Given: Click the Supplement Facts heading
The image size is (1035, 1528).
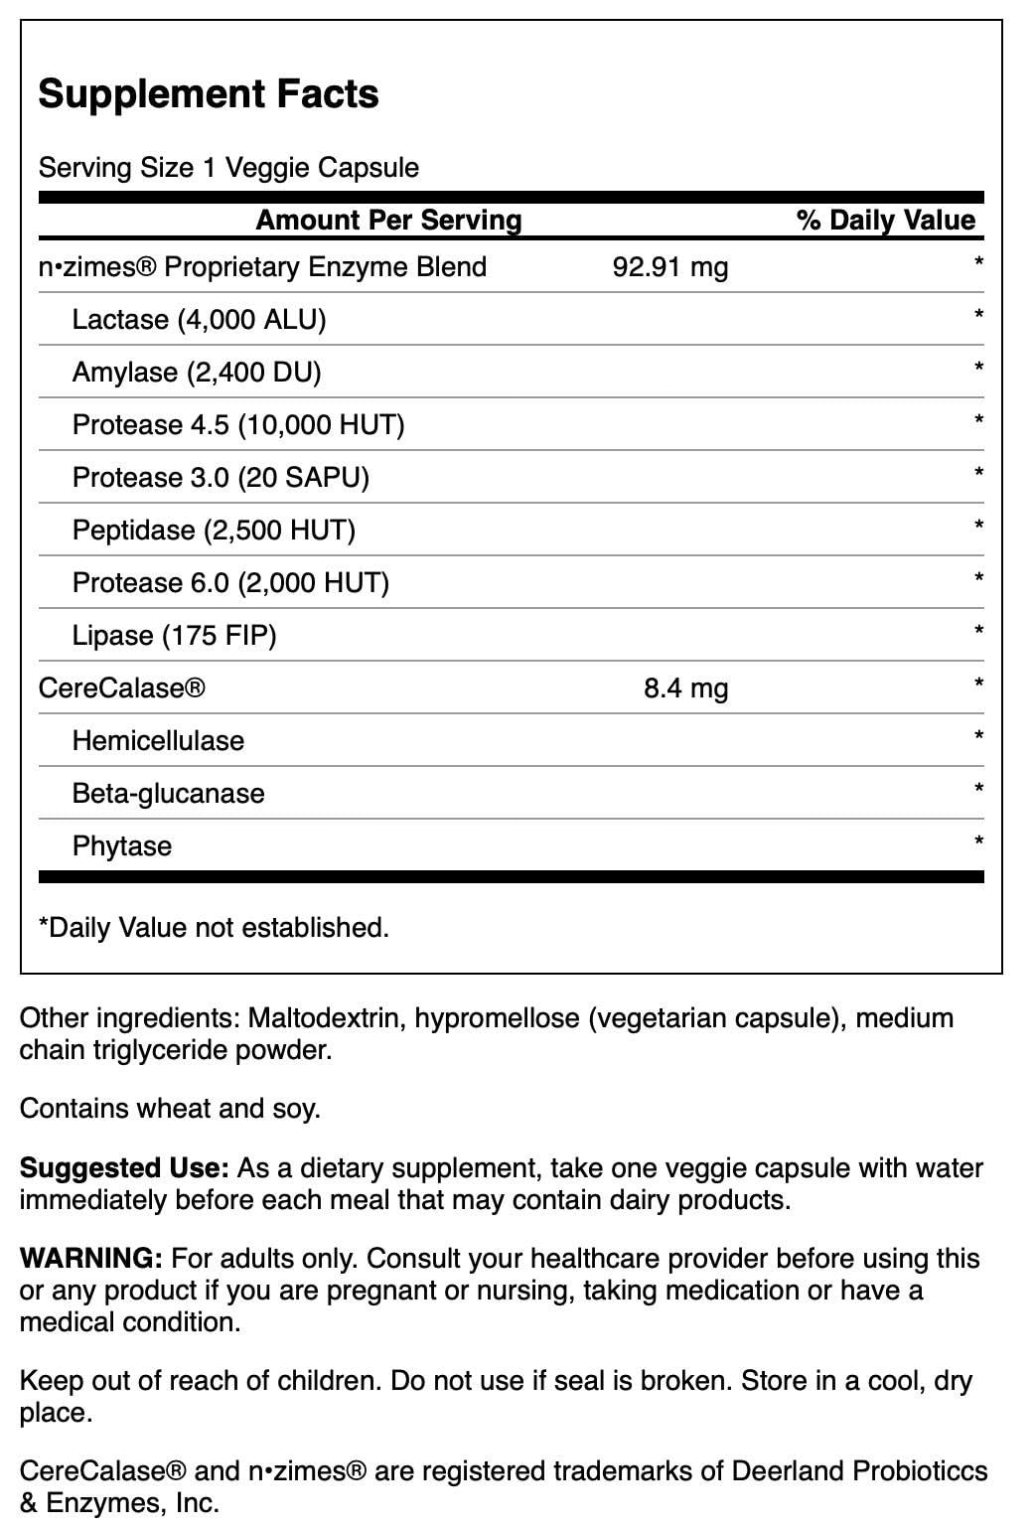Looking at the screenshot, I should (x=209, y=94).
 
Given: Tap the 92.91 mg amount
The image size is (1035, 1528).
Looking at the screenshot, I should (x=670, y=267).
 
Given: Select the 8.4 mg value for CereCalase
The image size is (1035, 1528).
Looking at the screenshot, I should (x=685, y=688).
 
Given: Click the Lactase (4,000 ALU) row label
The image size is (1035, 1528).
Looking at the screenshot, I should (x=199, y=320).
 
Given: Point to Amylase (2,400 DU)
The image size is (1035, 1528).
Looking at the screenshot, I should (x=197, y=373).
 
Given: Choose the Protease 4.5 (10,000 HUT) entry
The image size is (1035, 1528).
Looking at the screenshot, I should (x=238, y=425).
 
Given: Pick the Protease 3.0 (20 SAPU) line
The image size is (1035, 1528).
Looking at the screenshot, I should (x=221, y=478).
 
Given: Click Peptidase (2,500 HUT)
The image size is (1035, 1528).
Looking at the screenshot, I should (x=214, y=531).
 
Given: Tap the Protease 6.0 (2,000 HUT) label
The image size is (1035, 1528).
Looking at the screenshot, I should (x=230, y=583).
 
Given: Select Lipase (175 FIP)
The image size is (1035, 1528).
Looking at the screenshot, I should (x=174, y=636).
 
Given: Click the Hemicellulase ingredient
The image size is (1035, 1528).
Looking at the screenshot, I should (x=158, y=741).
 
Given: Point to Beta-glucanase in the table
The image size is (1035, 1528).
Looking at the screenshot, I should (x=168, y=794).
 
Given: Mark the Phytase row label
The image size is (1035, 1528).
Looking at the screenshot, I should (x=122, y=846).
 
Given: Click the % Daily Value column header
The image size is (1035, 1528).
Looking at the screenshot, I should (x=886, y=221).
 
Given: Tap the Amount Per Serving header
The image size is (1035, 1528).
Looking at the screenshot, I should (x=388, y=221).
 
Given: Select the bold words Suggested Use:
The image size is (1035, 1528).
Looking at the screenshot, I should (x=124, y=1167).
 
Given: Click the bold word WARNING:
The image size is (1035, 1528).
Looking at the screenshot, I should (x=90, y=1258).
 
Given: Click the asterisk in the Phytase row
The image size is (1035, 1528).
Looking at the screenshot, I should (x=978, y=842).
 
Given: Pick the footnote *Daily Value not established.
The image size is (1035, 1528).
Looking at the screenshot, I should (x=214, y=928).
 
